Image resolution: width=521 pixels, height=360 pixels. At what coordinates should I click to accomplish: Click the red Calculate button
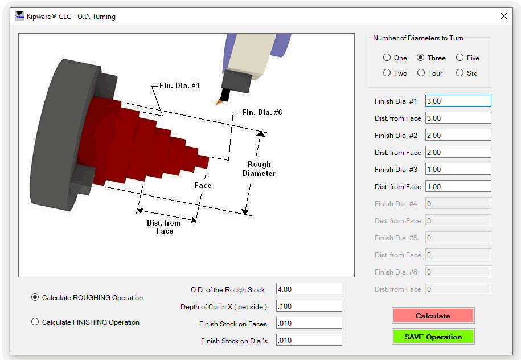433,316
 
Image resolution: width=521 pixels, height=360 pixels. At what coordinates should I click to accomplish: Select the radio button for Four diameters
421,73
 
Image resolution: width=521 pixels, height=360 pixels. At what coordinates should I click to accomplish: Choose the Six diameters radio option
460,73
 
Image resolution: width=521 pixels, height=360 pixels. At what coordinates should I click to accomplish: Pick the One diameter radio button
387,58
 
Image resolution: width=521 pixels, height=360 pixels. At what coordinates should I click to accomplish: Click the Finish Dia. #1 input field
458,101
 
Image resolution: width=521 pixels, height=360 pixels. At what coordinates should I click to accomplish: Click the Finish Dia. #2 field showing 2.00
458,135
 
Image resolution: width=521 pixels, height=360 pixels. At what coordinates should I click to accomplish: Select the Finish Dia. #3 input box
458,169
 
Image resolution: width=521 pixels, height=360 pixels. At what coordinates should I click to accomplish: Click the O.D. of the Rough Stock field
309,289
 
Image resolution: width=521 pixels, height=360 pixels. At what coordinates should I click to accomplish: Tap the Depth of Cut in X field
309,306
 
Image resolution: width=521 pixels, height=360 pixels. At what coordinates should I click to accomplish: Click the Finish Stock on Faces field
309,323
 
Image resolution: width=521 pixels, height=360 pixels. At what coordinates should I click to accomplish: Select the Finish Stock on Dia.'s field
309,340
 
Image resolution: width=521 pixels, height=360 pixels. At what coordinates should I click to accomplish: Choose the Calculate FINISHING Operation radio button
35,322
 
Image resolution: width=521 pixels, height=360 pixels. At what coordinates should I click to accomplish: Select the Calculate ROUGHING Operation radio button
35,297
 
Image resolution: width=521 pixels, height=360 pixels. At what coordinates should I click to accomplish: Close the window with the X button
504,16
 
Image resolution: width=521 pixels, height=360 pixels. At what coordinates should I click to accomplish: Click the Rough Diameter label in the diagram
259,169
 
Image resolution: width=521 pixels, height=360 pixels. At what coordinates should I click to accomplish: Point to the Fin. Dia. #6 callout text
262,112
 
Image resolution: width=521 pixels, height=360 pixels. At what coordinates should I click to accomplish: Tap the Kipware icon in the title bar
19,16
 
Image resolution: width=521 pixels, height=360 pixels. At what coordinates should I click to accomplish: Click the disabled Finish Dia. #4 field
458,203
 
